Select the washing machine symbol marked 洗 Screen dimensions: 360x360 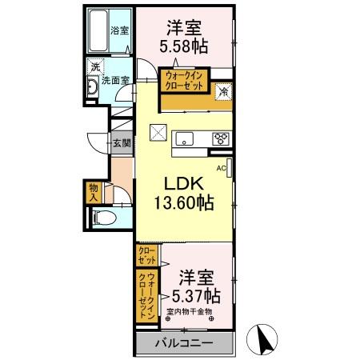pos(95,66)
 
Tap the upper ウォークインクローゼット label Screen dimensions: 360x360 pos(186,80)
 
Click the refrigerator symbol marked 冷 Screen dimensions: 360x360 pos(225,93)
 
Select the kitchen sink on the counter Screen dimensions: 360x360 pos(182,138)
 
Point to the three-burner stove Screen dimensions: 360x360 pos(220,138)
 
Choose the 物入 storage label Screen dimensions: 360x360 pos(93,192)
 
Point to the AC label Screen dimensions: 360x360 pos(221,167)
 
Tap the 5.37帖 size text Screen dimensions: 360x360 pos(194,294)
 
